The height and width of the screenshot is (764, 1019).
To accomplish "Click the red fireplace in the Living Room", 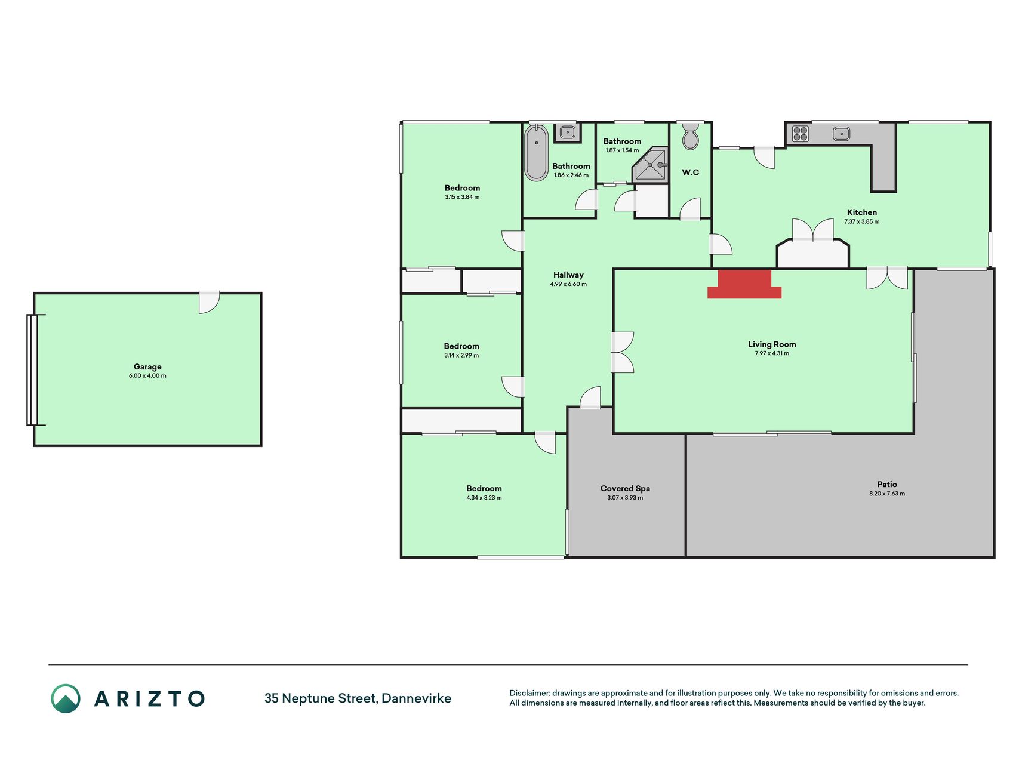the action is point(744,284).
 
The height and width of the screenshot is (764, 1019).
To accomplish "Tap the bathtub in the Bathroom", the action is point(536,153).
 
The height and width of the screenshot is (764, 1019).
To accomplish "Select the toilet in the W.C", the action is point(691,137).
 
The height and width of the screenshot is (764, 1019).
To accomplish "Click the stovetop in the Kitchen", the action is point(801,134).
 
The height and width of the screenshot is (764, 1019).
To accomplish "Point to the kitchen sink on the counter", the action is point(841,134).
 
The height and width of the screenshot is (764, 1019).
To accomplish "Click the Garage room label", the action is point(147,367).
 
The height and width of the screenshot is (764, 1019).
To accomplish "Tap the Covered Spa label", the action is point(625,488).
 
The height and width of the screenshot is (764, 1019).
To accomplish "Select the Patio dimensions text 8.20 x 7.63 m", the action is point(887,494).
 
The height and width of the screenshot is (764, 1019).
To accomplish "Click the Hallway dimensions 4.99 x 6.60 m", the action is point(568,284).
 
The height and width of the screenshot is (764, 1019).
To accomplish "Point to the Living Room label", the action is point(772,344).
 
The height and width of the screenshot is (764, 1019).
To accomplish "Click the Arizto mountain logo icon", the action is point(66,698).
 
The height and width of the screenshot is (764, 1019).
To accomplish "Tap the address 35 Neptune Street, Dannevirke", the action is point(358,698).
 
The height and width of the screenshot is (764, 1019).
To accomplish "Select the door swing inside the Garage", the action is point(209,303).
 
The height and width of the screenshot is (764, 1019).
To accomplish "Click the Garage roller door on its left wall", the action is point(32,370).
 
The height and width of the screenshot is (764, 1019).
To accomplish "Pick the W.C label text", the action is point(691,172).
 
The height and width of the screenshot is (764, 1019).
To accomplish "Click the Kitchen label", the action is point(862,212).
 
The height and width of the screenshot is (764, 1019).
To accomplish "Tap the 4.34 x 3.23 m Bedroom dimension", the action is point(484,498).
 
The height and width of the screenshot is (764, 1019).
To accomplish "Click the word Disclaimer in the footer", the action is point(529,693).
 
